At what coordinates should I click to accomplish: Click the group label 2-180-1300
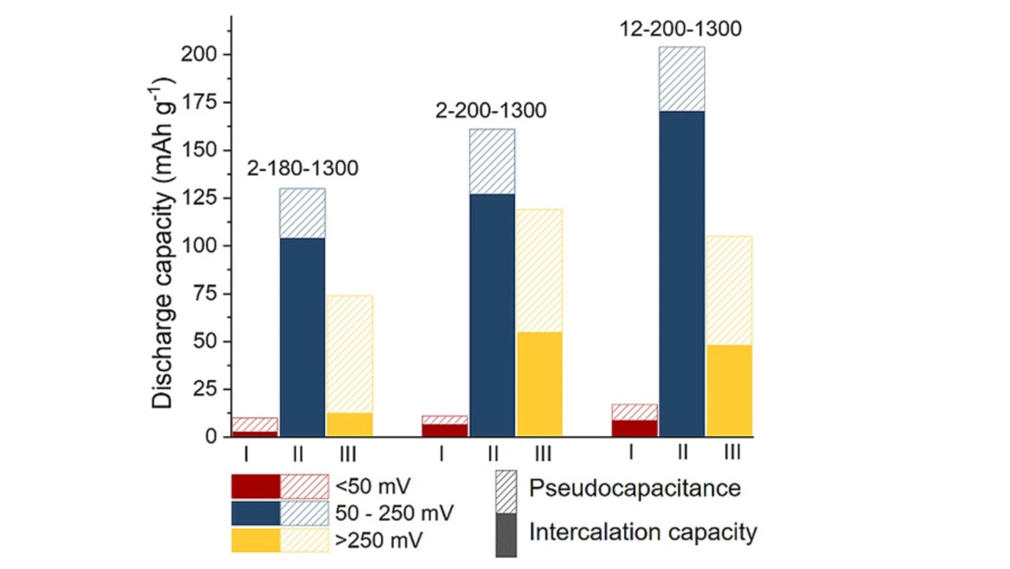[x=303, y=168]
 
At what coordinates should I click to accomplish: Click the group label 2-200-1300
[x=491, y=110]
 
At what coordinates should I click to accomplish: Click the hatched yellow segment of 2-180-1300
[x=350, y=354]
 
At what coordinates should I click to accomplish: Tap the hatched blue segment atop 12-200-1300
[x=682, y=79]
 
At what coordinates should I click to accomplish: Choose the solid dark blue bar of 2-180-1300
[x=302, y=337]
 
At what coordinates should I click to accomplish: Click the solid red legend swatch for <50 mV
[x=256, y=486]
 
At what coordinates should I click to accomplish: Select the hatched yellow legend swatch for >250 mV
[x=305, y=541]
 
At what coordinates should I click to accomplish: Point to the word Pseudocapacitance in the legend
[x=634, y=488]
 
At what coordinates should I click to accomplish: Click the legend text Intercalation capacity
[x=642, y=532]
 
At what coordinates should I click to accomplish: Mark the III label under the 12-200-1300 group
[x=731, y=452]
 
